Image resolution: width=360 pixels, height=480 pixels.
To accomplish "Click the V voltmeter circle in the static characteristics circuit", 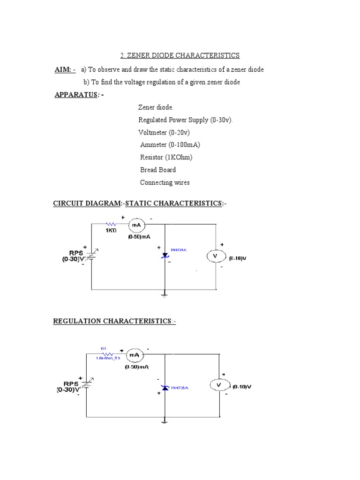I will point(216,256).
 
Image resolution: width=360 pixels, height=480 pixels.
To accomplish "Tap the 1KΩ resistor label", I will point(111,231).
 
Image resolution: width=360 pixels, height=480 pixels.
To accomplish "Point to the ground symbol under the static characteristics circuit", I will point(165,294).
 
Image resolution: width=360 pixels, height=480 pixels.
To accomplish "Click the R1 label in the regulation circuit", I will point(104,348).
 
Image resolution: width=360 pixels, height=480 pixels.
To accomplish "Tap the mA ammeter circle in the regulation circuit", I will point(135,355).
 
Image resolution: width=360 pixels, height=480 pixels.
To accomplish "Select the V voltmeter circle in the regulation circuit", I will point(219,386).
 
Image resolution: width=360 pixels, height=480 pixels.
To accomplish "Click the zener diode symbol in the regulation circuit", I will point(165,388).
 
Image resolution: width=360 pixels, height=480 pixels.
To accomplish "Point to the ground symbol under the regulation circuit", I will point(165,421).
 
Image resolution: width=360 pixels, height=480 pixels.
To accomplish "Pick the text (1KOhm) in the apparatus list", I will point(178,157).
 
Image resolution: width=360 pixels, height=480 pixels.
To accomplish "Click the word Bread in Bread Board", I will point(148,170).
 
